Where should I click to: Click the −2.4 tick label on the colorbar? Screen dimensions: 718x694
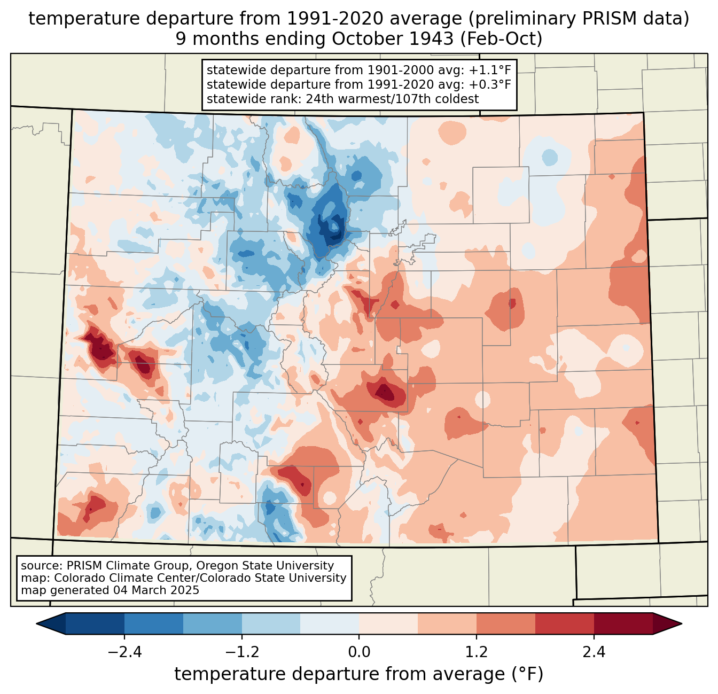124,652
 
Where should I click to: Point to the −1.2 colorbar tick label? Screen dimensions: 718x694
242,652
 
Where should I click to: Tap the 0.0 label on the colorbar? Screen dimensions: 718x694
359,652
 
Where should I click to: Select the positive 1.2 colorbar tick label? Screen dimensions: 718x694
477,652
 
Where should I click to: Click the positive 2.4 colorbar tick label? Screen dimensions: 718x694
594,652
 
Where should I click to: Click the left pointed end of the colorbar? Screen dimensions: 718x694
36,624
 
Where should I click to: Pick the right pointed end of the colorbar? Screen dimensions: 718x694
682,624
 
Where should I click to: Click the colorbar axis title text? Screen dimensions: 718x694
358,674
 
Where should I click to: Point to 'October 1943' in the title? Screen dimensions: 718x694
393,39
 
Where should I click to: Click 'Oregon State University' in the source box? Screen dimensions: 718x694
265,566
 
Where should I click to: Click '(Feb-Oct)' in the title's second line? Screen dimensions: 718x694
501,39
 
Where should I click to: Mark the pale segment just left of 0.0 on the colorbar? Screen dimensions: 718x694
330,624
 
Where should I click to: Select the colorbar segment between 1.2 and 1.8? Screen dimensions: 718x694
506,624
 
